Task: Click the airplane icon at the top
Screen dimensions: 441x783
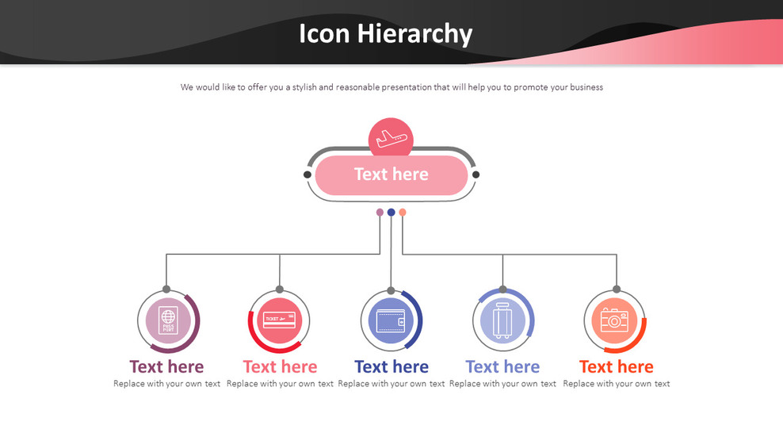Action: [x=391, y=139]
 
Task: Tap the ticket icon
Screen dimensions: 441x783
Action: [x=279, y=320]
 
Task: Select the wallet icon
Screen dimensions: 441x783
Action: [x=391, y=321]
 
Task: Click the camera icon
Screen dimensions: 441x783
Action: [x=614, y=320]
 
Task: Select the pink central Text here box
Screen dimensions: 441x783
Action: [x=391, y=174]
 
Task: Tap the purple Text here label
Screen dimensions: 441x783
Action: [x=166, y=366]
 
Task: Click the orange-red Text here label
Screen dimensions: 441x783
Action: [x=616, y=366]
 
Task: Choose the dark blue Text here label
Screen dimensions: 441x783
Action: [x=391, y=366]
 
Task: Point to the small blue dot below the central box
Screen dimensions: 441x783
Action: [x=391, y=213]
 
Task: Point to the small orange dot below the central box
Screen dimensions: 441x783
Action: [x=403, y=213]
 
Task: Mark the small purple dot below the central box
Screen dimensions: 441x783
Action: [x=380, y=213]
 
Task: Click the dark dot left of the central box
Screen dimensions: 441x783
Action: [x=307, y=174]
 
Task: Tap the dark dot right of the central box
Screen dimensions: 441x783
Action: [x=476, y=174]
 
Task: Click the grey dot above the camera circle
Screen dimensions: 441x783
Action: [x=617, y=290]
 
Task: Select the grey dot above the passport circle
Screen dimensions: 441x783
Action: [x=166, y=290]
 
